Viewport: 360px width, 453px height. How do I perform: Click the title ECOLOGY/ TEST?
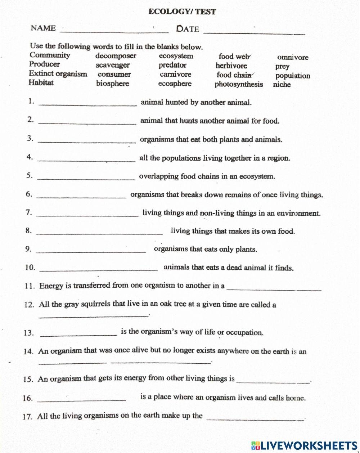coord(182,12)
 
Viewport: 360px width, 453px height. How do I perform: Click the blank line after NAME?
coord(114,32)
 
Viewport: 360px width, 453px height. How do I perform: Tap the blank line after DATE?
coord(254,33)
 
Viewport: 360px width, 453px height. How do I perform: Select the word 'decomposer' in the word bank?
coord(116,56)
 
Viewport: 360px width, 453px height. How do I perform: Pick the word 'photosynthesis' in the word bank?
coord(239,85)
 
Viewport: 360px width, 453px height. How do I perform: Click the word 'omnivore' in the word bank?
coord(293,57)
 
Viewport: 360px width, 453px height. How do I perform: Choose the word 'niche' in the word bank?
coord(282,85)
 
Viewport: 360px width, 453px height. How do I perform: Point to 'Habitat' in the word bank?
coord(41,82)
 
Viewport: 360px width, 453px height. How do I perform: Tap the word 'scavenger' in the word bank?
coord(113,66)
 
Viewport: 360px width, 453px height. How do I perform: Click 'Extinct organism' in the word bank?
coord(58,74)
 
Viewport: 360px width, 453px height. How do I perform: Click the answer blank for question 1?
coord(87,105)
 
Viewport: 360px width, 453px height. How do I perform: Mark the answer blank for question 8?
coord(100,234)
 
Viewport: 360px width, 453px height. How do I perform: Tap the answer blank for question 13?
coord(78,335)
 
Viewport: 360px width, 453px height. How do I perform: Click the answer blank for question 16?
coord(81,400)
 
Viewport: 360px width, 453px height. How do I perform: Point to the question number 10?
coord(30,268)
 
